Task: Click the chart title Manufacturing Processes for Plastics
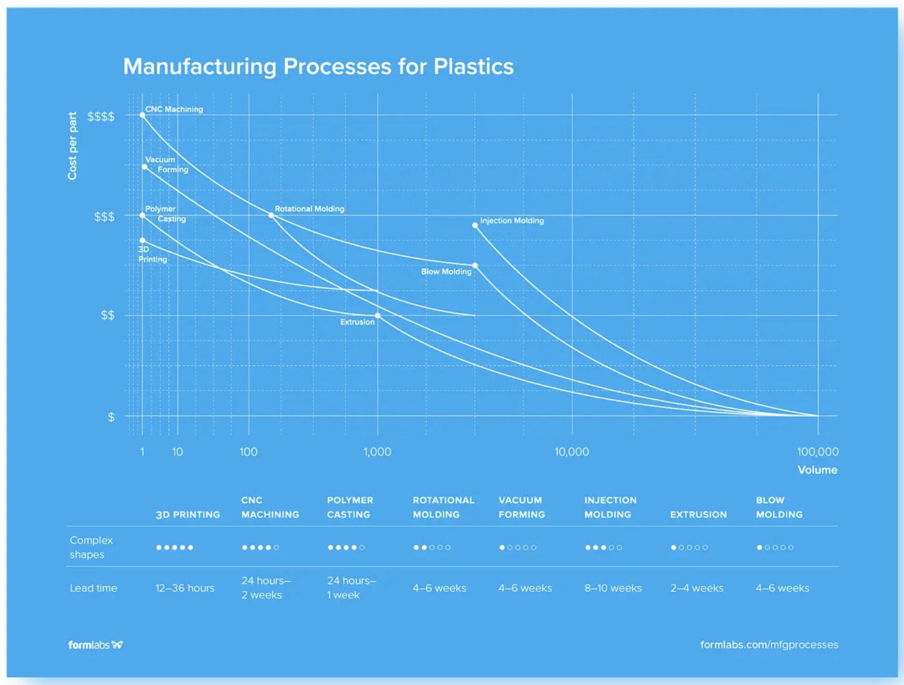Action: coord(318,66)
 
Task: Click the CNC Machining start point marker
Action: coord(142,115)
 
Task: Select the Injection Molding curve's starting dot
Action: coord(475,225)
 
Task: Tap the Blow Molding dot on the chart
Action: coord(475,266)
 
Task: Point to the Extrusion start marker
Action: coord(378,316)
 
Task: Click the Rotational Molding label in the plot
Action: coord(309,209)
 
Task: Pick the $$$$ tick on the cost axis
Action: coord(101,116)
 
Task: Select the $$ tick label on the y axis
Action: coord(107,315)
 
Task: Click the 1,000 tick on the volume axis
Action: coord(377,452)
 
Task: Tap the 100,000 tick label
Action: coord(818,452)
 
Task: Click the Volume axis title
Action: coord(817,469)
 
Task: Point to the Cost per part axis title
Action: coord(72,146)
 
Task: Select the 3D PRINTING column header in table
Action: coord(188,514)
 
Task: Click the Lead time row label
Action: coord(93,588)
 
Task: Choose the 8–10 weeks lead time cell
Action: coord(613,588)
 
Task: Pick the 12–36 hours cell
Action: coord(185,588)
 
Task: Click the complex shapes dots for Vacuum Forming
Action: coord(518,547)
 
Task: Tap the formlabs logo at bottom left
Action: coord(95,644)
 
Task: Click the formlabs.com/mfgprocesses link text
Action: coord(769,644)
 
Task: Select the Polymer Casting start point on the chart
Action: coord(142,215)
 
